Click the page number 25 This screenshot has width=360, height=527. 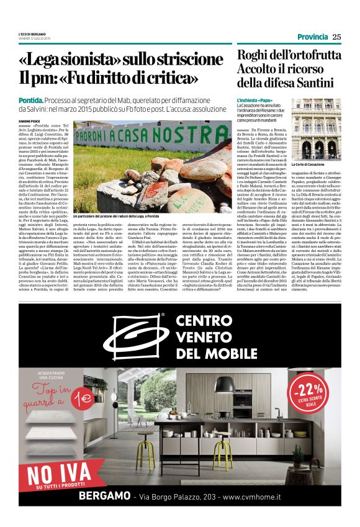coord(336,37)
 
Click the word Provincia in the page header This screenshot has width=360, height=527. coord(312,37)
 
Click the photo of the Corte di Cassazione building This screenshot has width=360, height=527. coord(317,128)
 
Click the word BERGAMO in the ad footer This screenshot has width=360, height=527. coord(103,497)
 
